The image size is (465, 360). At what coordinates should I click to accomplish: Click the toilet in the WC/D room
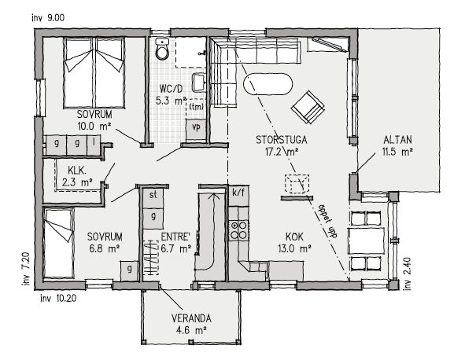click(x=162, y=51)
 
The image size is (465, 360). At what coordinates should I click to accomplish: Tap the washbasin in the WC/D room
click(x=198, y=82)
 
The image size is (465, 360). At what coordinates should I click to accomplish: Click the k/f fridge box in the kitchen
click(x=239, y=192)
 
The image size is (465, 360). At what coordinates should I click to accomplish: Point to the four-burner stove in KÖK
click(x=239, y=230)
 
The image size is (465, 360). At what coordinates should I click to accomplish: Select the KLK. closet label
click(x=77, y=170)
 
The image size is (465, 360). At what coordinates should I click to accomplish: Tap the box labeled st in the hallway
click(x=153, y=193)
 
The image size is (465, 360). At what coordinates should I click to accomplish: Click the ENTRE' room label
click(x=176, y=236)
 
